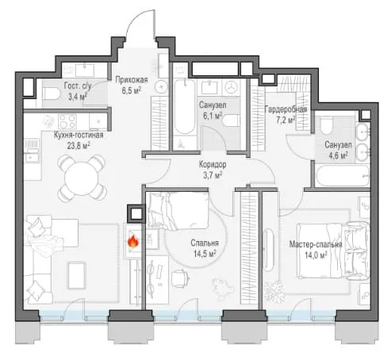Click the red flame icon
[133, 241]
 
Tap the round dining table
[82, 178]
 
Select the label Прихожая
[132, 79]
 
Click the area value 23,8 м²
[79, 145]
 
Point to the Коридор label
[213, 165]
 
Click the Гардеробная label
[286, 109]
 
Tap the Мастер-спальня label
[316, 244]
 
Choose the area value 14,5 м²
[205, 254]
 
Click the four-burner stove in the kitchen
[67, 121]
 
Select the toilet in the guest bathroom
[52, 94]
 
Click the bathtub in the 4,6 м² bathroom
[342, 176]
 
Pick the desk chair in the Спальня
[180, 278]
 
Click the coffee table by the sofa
[77, 275]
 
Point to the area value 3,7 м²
[213, 174]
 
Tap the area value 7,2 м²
[286, 120]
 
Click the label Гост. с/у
[78, 86]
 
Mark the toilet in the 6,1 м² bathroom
[232, 121]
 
